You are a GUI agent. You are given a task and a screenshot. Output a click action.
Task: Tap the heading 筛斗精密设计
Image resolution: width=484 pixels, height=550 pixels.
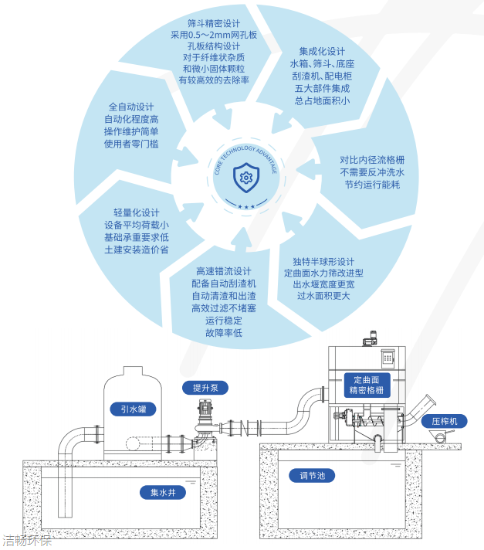tap(214, 23)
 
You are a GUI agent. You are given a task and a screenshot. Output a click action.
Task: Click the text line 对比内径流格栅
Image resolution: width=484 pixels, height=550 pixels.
tap(372, 160)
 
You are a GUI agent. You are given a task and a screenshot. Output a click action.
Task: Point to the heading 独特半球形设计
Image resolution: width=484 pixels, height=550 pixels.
tap(323, 261)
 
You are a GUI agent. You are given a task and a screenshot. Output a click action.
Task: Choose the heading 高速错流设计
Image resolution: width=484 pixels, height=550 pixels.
tap(224, 271)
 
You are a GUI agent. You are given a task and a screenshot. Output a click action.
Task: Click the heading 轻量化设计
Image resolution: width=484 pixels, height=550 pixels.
tap(136, 212)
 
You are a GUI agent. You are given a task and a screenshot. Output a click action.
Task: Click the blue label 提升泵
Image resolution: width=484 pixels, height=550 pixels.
tap(206, 387)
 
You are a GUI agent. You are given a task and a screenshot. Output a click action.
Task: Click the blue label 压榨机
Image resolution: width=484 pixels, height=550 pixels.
tap(445, 421)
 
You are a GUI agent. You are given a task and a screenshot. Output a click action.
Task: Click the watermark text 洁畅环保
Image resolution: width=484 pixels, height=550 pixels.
tap(26, 541)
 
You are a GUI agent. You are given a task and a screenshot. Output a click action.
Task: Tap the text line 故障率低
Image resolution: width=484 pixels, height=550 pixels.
tap(224, 333)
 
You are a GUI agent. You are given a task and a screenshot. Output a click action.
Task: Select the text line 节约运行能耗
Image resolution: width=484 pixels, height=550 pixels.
tap(372, 185)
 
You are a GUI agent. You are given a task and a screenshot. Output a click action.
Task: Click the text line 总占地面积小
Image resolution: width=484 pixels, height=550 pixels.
tap(323, 100)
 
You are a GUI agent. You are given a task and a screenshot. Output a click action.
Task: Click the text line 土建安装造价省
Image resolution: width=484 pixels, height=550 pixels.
tap(136, 250)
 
